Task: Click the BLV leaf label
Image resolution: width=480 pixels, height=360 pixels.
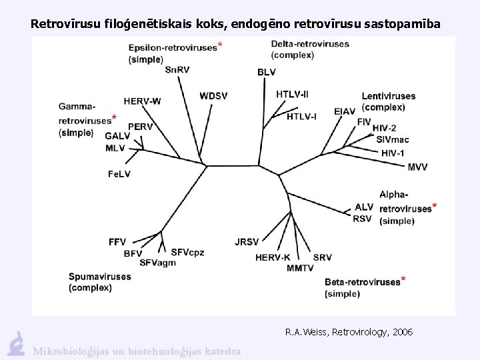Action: coord(266,72)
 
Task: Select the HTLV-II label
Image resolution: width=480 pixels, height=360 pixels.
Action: coord(292,94)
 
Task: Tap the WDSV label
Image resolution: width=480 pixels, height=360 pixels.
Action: coord(213,96)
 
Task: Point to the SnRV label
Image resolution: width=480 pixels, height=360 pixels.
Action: coord(177,69)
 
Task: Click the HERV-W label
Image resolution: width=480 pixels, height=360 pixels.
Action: coord(142,101)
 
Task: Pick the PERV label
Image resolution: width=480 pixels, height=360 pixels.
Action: coord(140,126)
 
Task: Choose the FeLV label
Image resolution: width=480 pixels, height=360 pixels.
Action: coord(119,173)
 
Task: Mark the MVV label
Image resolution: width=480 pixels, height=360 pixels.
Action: coord(417,167)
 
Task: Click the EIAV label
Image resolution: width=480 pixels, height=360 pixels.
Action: coord(345,111)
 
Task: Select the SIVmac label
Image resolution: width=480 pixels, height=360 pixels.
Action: coord(393,140)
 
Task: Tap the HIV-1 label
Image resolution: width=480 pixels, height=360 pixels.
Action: coord(393,153)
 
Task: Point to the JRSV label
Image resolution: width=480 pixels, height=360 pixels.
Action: coord(247,241)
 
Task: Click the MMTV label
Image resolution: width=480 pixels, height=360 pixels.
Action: coord(300,268)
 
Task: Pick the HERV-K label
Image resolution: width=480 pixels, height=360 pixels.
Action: coord(273,257)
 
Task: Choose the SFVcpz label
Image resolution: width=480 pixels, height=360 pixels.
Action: coord(187,252)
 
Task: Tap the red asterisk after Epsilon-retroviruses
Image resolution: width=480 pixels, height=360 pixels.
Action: coord(221,45)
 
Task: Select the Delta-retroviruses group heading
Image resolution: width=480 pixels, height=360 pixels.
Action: coord(310,44)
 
